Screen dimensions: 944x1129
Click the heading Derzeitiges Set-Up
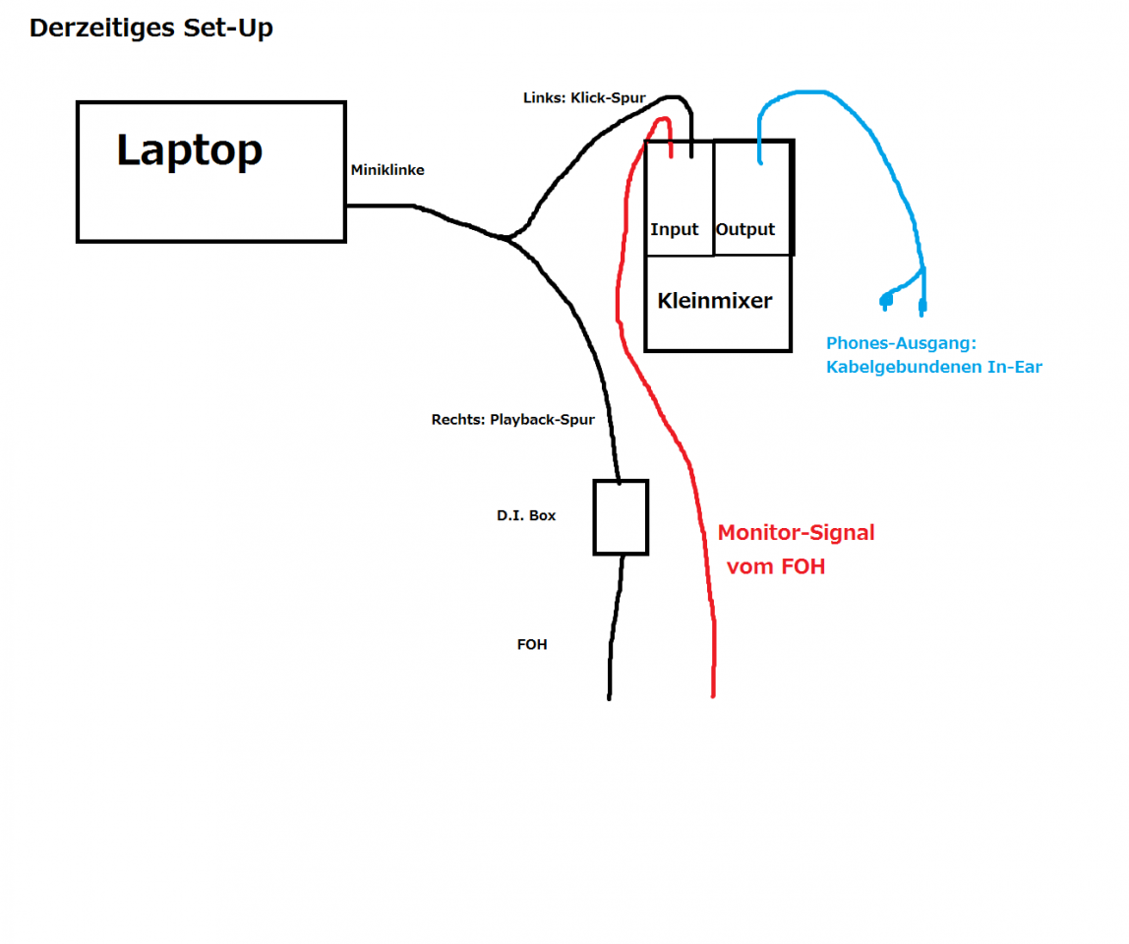150,29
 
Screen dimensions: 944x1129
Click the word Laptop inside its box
190,150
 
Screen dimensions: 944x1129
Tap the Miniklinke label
387,170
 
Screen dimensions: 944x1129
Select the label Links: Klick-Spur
584,98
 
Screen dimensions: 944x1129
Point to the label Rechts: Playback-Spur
512,419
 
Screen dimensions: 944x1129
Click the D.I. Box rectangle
621,517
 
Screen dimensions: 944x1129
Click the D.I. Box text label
526,515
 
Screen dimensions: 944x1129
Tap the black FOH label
532,645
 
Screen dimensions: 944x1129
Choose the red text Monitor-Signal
796,533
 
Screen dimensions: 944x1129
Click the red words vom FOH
775,566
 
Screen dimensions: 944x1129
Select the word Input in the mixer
675,229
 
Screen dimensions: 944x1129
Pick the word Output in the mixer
745,229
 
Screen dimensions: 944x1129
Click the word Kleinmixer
715,301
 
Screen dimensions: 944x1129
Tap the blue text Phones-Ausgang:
900,343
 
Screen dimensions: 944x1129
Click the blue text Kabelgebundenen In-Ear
933,367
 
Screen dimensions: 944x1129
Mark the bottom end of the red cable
712,694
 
